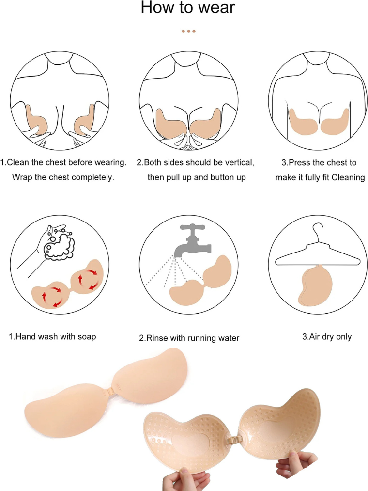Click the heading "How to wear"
[188, 8]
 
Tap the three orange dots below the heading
[188, 31]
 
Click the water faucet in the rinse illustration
[192, 242]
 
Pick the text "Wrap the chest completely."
[63, 177]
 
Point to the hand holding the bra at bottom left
[186, 480]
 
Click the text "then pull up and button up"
[197, 177]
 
